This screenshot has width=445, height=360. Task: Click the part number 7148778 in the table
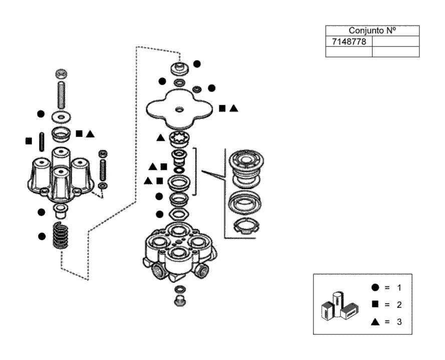click(349, 42)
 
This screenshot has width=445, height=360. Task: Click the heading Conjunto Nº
click(372, 31)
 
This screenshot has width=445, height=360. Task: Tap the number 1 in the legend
click(399, 287)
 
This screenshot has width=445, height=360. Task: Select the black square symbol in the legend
click(375, 304)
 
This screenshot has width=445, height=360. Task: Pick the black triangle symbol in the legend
click(375, 321)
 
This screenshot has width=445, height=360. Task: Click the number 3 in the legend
click(399, 321)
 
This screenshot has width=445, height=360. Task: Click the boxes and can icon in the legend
click(340, 306)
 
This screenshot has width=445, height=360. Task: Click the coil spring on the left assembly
click(61, 235)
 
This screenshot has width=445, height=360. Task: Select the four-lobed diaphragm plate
click(179, 109)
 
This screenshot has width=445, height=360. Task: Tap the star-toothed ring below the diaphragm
click(180, 139)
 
